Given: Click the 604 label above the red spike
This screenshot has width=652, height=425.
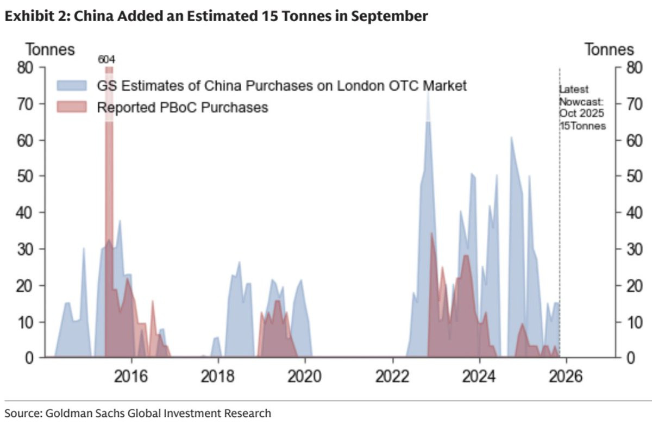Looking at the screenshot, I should click(x=106, y=60).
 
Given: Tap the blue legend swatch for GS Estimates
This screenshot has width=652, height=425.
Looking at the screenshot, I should click(x=72, y=86).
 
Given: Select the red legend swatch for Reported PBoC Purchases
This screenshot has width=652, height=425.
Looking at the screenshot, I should click(x=72, y=107).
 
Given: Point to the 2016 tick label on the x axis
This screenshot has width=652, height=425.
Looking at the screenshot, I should click(x=131, y=376).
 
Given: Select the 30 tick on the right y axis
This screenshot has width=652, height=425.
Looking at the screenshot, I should click(x=634, y=249).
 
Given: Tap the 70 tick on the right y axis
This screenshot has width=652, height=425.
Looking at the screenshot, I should click(x=634, y=104).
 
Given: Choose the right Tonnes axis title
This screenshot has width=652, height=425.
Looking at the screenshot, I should click(x=609, y=49).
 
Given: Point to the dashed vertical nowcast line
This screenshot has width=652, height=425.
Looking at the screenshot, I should click(x=560, y=217).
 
